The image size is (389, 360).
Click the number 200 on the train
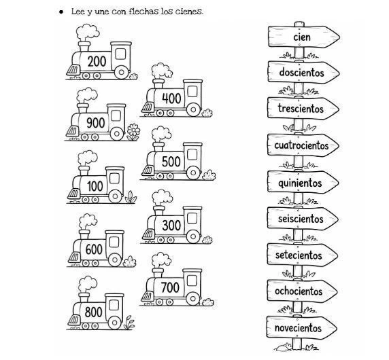click(97, 61)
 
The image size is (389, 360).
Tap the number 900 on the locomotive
click(96, 123)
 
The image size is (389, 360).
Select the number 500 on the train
click(171, 162)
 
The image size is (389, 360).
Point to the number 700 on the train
click(170, 287)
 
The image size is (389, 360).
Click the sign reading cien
click(304, 37)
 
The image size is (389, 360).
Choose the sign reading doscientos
click(303, 73)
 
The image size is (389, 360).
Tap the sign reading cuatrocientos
click(303, 145)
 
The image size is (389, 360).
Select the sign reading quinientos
click(303, 183)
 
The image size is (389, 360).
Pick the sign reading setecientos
click(302, 255)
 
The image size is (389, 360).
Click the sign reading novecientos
click(302, 328)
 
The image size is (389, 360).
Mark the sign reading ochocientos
click(302, 291)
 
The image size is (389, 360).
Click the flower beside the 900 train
click(133, 131)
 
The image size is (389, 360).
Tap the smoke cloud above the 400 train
click(162, 71)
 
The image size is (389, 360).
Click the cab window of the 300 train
click(192, 218)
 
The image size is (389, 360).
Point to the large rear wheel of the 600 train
click(115, 259)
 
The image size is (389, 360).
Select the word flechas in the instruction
click(143, 12)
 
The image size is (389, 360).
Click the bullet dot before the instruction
click(61, 12)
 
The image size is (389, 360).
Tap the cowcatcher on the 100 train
click(73, 194)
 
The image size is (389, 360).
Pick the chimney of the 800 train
click(84, 297)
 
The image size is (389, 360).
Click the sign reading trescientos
click(303, 109)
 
